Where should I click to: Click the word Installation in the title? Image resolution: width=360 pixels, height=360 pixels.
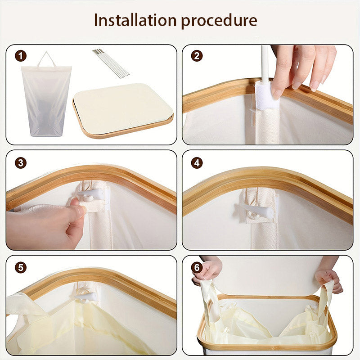tap(135, 20)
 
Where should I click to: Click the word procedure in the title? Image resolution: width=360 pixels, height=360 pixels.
tap(219, 21)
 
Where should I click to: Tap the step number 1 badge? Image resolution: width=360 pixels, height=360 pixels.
tap(21, 56)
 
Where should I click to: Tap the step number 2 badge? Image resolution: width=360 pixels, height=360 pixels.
tap(197, 56)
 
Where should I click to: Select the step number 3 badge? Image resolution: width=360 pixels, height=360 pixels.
tap(21, 163)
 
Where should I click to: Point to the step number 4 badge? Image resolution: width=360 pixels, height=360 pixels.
tap(197, 163)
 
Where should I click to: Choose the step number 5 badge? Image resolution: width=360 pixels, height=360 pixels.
tap(21, 267)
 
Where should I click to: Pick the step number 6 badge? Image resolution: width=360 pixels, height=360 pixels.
tap(197, 267)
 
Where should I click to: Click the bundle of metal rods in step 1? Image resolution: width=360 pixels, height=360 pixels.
tap(111, 63)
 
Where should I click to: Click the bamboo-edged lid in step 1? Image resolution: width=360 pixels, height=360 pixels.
tap(123, 111)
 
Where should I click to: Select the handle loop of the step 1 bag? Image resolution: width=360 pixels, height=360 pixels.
tap(46, 59)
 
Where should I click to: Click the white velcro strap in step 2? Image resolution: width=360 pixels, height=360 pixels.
tap(267, 95)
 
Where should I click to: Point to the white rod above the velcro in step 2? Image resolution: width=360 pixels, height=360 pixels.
tap(265, 63)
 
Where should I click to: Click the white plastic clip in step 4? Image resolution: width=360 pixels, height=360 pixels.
tap(254, 210)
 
